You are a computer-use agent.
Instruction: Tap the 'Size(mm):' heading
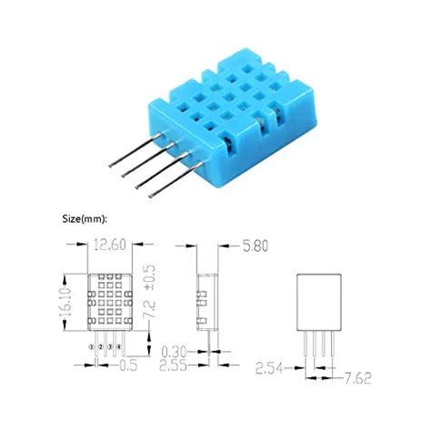[85, 218]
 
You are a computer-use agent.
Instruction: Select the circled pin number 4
[119, 346]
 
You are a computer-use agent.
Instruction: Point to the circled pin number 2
[101, 346]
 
